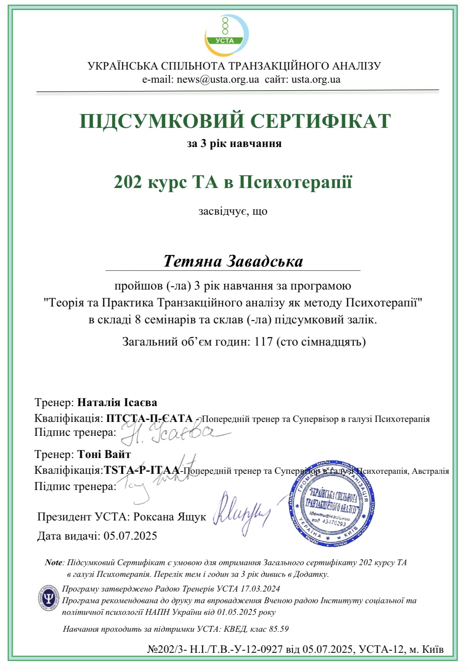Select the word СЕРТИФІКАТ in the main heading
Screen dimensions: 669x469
321,121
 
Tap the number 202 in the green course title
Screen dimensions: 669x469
128,182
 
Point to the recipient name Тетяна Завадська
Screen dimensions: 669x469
233,261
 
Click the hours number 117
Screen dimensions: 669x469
263,342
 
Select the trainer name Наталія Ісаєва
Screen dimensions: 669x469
117,402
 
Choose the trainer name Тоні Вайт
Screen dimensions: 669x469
104,454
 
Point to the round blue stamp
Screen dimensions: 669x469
331,503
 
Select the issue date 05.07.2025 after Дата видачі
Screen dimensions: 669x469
130,536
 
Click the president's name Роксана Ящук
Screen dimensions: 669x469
169,517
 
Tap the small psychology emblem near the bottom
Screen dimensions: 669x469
48,598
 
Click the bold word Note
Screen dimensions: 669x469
53,563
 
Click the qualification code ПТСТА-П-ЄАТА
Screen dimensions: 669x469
150,418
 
